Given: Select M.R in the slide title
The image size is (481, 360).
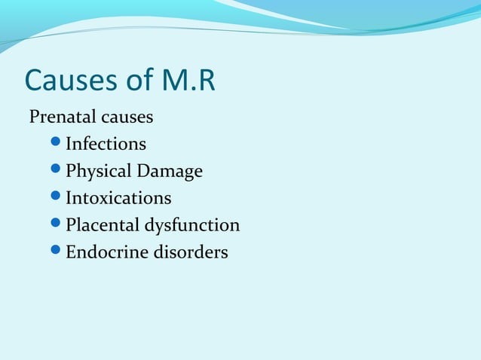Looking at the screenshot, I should [x=188, y=81].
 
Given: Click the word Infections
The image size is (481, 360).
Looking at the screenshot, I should [x=106, y=143].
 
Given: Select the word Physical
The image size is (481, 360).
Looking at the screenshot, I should [x=98, y=171].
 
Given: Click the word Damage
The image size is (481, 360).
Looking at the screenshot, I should [x=170, y=171].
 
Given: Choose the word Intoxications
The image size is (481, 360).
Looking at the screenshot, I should [x=118, y=198].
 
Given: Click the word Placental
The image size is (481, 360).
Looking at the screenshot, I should [x=102, y=225].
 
